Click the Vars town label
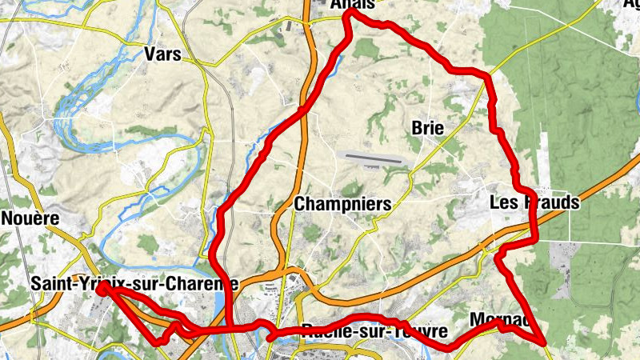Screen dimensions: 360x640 coord(162,54)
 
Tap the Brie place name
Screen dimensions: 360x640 coord(427,128)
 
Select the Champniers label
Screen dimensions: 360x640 coord(343,204)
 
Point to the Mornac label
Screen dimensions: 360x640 coord(500,319)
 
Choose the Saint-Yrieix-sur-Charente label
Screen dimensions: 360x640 coord(134,283)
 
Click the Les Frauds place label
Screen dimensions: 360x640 coord(534,203)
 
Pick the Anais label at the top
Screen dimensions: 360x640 coord(353,5)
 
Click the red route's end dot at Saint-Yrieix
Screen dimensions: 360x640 coord(102,289)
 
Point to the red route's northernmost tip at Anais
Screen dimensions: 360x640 coord(349,14)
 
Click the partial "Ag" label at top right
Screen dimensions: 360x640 coord(631,4)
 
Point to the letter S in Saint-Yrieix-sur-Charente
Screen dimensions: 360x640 coord(36,284)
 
